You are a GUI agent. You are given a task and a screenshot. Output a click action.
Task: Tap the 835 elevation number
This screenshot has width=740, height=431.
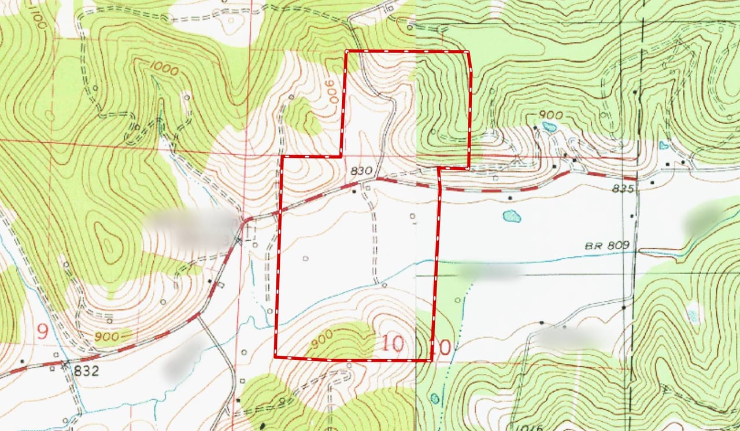(625, 189)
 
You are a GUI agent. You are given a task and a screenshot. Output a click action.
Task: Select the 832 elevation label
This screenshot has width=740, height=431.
(86, 370)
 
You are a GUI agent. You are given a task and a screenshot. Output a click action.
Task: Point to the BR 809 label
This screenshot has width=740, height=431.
(606, 246)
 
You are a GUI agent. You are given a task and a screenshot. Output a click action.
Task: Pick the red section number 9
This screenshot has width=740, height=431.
(42, 331)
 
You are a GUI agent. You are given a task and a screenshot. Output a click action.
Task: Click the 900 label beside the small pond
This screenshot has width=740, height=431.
(550, 115)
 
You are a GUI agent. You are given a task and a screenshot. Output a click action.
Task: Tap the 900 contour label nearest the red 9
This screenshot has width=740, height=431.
(108, 336)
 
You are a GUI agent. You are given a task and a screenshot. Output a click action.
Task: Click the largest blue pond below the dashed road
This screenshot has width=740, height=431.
(512, 216)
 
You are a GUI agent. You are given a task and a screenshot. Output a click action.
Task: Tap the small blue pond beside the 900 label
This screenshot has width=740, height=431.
(549, 126)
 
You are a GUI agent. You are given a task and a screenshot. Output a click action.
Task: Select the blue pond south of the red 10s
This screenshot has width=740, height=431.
(435, 398)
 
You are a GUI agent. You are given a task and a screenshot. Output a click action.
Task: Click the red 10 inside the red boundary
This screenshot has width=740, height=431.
(393, 344)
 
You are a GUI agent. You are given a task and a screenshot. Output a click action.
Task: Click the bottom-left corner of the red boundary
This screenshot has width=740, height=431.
(275, 357)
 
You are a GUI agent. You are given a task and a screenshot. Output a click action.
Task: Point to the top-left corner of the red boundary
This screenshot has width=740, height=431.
(346, 52)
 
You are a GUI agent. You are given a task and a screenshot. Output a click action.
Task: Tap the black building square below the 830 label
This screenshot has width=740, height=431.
(354, 191)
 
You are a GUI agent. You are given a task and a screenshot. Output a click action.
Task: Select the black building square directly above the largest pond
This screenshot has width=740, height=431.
(509, 198)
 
